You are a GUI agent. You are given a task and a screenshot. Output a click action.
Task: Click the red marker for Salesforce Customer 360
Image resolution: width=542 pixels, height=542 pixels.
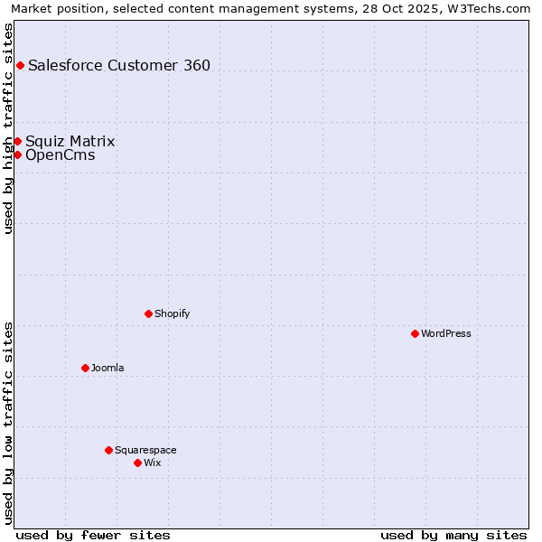20,65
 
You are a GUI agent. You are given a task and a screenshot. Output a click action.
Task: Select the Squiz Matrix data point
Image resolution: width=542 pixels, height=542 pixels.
17,141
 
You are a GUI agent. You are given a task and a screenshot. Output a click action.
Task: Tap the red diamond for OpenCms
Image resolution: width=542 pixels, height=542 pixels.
17,154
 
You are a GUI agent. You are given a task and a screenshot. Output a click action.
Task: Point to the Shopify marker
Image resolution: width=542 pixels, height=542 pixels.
148,313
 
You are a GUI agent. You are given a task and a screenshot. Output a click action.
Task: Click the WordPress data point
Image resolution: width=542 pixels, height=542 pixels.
415,333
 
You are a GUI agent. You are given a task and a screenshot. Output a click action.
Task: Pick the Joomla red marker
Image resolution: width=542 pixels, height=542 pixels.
85,368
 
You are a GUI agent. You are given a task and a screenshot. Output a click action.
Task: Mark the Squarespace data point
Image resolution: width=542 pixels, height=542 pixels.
108,450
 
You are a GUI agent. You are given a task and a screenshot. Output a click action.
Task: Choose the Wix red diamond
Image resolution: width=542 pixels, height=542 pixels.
137,463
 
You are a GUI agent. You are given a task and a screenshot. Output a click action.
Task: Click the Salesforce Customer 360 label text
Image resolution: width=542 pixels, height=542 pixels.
119,65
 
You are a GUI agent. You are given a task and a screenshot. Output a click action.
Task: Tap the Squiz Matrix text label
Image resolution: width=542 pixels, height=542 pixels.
70,141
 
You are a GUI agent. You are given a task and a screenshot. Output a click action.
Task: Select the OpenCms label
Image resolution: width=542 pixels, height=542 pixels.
61,154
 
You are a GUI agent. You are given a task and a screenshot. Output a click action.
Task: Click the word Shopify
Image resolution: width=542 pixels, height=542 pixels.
173,313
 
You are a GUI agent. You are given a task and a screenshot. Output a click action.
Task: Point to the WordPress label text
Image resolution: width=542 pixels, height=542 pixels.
446,333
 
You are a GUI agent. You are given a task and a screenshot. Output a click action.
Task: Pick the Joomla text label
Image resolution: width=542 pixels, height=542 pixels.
107,368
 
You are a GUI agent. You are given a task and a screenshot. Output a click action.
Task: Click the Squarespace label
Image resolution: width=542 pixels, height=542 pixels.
145,450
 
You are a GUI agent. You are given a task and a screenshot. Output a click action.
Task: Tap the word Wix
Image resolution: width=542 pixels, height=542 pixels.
153,463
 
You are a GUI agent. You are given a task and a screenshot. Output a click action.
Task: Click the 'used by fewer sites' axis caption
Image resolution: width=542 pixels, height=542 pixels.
93,535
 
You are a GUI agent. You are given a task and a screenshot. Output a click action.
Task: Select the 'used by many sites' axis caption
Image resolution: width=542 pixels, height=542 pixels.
453,535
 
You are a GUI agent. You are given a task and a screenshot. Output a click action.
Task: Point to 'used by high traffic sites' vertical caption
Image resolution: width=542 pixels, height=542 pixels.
8,128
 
